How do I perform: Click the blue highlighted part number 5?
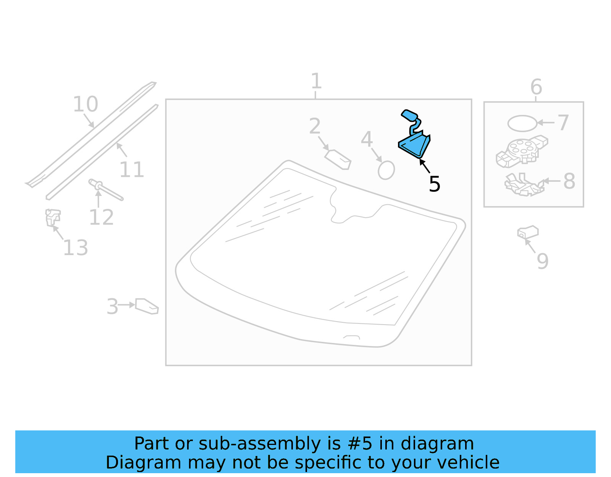click(x=414, y=144)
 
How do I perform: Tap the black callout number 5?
click(x=435, y=184)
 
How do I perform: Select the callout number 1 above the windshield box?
click(x=316, y=81)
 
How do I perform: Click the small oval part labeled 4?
click(x=386, y=170)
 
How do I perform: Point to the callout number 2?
click(x=315, y=126)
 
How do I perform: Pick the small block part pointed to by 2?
click(x=338, y=160)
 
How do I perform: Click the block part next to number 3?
click(x=147, y=306)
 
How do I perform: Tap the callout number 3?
click(x=112, y=307)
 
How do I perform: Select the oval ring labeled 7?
click(x=522, y=123)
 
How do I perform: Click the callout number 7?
click(x=563, y=123)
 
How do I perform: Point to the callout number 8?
click(x=569, y=181)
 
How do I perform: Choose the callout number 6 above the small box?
click(x=536, y=87)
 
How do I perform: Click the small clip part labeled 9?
click(x=528, y=232)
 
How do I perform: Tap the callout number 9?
click(x=543, y=261)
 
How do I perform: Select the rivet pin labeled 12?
click(x=105, y=190)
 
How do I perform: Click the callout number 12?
click(x=101, y=218)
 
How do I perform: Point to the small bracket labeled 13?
click(x=53, y=218)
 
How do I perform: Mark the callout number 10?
click(x=86, y=104)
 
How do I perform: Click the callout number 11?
click(x=131, y=170)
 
